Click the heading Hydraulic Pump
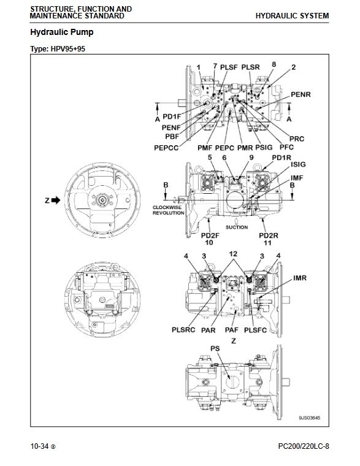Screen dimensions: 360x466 coord(62,32)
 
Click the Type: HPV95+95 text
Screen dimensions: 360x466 coord(58,48)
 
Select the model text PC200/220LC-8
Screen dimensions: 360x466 coord(304,446)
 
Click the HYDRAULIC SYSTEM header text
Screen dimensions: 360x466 coord(292,16)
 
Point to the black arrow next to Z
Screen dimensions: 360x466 coord(56,201)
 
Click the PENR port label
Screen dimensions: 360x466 coord(301,94)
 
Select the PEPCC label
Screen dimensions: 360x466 coord(166,148)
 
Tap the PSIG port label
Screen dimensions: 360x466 coord(264,147)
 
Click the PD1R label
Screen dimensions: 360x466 coord(281,158)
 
